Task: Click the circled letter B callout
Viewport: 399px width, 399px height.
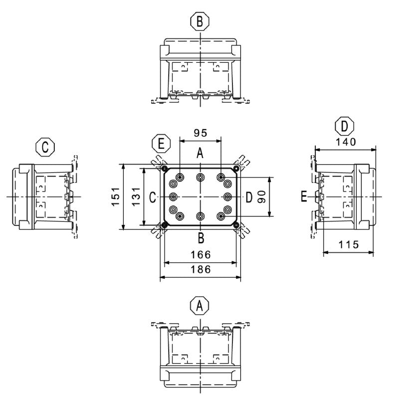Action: (x=200, y=21)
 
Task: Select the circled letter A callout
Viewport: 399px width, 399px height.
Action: (x=200, y=305)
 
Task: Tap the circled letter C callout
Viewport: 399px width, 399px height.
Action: (x=45, y=147)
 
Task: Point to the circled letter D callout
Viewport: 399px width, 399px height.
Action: (x=345, y=126)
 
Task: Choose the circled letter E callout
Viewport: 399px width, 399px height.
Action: (x=161, y=144)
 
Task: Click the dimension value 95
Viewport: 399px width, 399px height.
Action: (x=200, y=133)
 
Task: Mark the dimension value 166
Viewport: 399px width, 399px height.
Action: (x=200, y=255)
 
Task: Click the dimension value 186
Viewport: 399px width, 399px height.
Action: (x=200, y=269)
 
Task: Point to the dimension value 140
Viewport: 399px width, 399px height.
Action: (x=345, y=142)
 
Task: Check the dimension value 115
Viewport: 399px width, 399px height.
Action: (x=348, y=245)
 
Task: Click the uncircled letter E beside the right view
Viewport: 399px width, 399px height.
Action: (x=304, y=197)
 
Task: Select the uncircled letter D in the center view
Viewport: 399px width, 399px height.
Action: (x=249, y=198)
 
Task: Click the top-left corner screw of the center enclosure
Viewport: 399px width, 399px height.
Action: (x=165, y=169)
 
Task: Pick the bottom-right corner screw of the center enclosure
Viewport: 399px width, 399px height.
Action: (x=235, y=226)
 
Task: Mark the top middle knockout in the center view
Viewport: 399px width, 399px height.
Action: (x=200, y=178)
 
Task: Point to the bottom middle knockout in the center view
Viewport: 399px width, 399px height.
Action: (x=200, y=216)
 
